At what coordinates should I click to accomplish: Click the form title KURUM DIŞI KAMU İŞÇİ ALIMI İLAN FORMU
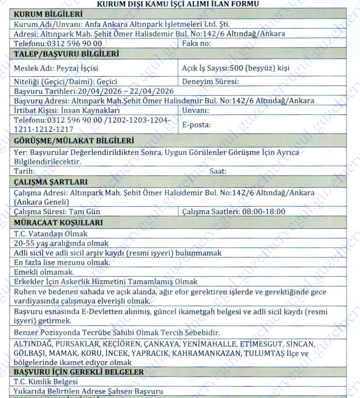(x=179, y=4)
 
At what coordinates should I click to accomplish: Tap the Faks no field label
(x=199, y=43)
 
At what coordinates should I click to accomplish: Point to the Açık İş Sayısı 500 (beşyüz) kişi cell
(x=236, y=68)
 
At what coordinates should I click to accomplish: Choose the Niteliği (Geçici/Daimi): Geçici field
(x=64, y=81)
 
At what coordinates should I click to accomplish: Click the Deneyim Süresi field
(x=211, y=81)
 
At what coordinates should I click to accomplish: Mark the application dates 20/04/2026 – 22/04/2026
(x=93, y=91)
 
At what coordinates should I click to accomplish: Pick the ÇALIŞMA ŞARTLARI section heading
(x=50, y=182)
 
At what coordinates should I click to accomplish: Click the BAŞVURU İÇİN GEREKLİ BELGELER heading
(x=78, y=372)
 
